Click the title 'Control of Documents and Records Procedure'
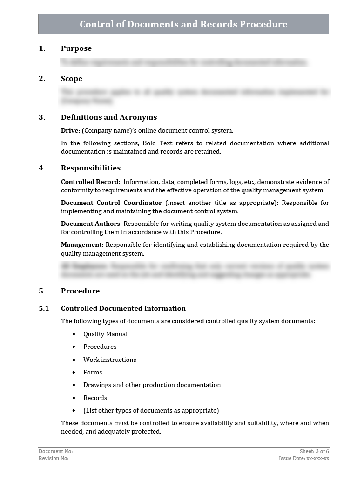pyautogui.click(x=183, y=24)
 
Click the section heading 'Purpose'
pyautogui.click(x=76, y=48)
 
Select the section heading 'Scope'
pyautogui.click(x=71, y=79)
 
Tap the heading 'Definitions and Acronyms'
pyautogui.click(x=108, y=117)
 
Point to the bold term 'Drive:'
pyautogui.click(x=71, y=131)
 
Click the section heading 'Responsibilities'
pyautogui.click(x=90, y=168)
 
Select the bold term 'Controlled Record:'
pyautogui.click(x=90, y=182)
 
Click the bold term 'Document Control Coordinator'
pyautogui.click(x=111, y=203)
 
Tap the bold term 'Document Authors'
pyautogui.click(x=90, y=224)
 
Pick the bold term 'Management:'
pyautogui.click(x=82, y=245)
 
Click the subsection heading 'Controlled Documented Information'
pyautogui.click(x=123, y=308)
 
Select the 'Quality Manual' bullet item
pyautogui.click(x=105, y=334)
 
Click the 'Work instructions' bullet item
pyautogui.click(x=109, y=360)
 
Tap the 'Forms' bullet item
pyautogui.click(x=93, y=372)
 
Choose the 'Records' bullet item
pyautogui.click(x=95, y=398)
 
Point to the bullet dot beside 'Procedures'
pyautogui.click(x=74, y=347)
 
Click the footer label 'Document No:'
pyautogui.click(x=55, y=451)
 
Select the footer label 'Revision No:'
pyautogui.click(x=54, y=458)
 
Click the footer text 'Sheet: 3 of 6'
pyautogui.click(x=314, y=451)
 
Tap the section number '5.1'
pyautogui.click(x=44, y=308)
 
